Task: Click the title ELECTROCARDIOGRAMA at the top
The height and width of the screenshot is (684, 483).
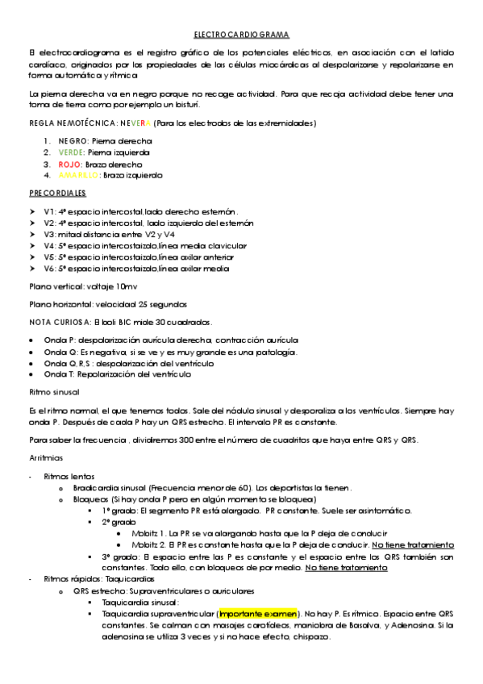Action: (241, 35)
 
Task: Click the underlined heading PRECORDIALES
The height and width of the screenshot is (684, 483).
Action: (57, 194)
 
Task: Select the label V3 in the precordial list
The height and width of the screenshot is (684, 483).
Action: (49, 234)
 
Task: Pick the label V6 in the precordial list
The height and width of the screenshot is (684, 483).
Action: (49, 269)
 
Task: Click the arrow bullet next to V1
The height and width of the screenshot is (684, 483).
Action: (32, 211)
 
